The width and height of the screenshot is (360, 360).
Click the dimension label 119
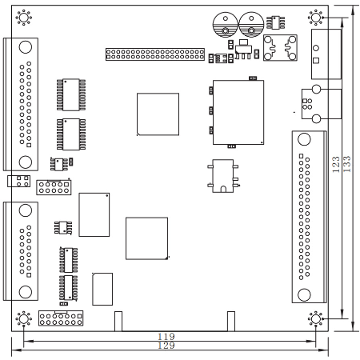tap(166, 337)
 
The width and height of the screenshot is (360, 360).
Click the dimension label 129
tap(166, 346)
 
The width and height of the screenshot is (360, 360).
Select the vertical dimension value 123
tap(336, 164)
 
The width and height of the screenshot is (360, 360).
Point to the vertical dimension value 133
tap(346, 164)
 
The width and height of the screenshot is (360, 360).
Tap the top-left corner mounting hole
tap(24, 18)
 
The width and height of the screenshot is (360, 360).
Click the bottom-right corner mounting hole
tap(316, 318)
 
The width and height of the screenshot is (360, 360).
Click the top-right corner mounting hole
tap(316, 18)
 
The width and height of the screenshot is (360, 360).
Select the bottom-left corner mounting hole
tap(24, 318)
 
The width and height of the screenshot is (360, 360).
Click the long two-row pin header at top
tap(155, 54)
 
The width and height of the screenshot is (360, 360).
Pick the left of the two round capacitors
tap(226, 25)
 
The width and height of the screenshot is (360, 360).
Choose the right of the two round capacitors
tap(251, 25)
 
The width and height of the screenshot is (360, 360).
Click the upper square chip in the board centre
tap(158, 114)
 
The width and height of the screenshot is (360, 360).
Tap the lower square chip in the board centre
tap(147, 238)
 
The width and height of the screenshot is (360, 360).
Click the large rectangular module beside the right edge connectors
tap(238, 112)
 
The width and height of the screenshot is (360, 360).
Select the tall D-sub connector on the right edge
tap(310, 217)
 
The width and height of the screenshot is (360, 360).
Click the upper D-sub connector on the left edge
tap(21, 104)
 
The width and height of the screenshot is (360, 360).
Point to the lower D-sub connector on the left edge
tap(21, 251)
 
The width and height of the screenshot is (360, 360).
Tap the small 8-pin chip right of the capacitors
tap(276, 22)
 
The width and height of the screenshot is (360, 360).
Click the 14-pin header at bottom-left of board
tap(61, 318)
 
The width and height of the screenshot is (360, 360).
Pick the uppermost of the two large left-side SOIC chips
tap(71, 94)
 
